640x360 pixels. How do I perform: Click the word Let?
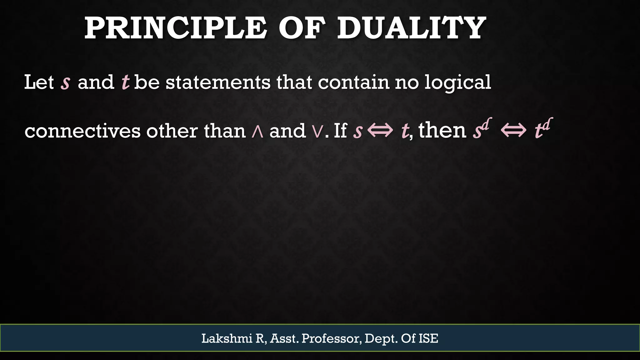(39, 82)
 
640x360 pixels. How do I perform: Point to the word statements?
(218, 82)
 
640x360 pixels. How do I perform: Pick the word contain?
(354, 82)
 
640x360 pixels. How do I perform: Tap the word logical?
(457, 82)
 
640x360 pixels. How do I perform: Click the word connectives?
(82, 131)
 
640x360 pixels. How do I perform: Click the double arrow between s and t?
(380, 131)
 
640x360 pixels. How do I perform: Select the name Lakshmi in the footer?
(227, 338)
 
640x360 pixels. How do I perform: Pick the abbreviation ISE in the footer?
(428, 338)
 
